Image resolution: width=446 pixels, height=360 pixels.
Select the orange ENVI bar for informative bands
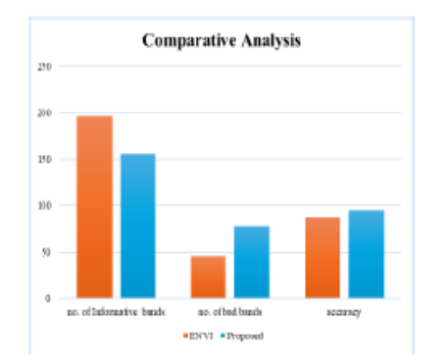(x=95, y=207)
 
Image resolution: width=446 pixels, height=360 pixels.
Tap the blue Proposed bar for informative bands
(x=137, y=226)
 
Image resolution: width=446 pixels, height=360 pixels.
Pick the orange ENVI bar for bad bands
(x=208, y=277)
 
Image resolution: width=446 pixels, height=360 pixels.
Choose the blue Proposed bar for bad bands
(x=251, y=262)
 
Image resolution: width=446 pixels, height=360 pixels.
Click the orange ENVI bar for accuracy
(x=322, y=257)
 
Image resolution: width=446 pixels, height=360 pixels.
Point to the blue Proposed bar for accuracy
(x=366, y=253)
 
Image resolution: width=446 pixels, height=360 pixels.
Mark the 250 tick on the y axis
(x=43, y=67)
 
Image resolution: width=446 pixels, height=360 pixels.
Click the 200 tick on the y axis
(x=43, y=113)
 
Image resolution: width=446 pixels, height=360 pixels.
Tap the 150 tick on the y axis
(x=43, y=159)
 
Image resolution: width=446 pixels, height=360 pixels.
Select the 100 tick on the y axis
(x=43, y=206)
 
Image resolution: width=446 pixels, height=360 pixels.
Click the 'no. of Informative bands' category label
(x=117, y=312)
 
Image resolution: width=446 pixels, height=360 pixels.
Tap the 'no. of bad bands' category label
(x=229, y=312)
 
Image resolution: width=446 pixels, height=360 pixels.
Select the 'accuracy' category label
(x=344, y=312)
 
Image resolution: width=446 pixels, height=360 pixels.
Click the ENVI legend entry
(x=197, y=335)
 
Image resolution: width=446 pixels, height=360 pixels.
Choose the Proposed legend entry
(x=244, y=335)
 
